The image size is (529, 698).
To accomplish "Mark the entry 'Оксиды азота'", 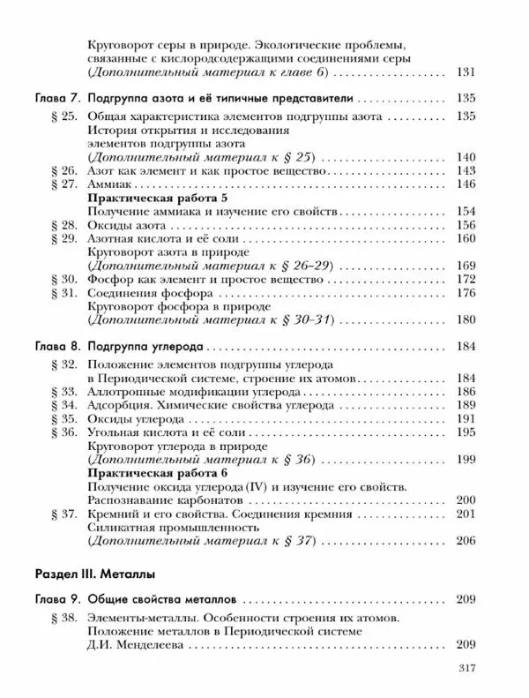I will [x=125, y=225].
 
